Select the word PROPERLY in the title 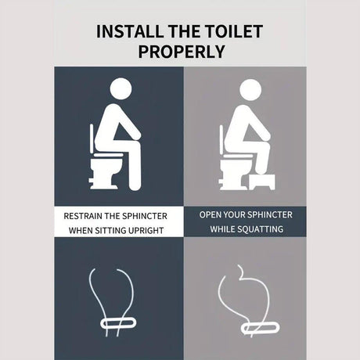click(182, 52)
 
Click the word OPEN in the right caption click(209, 215)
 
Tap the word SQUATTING click(264, 229)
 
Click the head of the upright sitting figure click(121, 88)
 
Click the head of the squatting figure click(250, 90)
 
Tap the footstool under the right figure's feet click(261, 182)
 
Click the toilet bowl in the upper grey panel click(234, 174)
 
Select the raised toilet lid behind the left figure click(92, 139)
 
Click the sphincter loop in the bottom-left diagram click(118, 323)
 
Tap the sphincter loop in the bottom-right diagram click(260, 328)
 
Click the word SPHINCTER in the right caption click(269, 215)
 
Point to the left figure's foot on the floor click(135, 186)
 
